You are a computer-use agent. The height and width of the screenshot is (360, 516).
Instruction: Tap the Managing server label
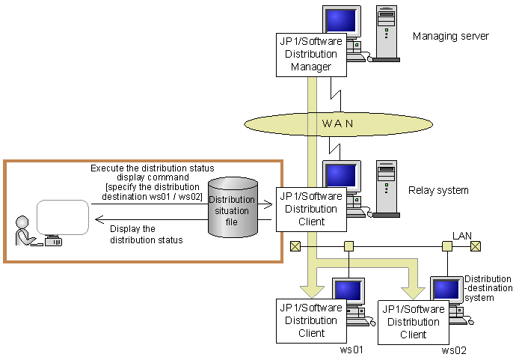450,36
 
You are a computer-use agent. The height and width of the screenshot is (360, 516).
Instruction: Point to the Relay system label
438,190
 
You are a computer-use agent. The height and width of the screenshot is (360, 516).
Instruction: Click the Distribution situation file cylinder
232,205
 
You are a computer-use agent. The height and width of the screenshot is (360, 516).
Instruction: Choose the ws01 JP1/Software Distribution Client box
312,320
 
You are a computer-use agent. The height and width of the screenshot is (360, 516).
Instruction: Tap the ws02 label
454,350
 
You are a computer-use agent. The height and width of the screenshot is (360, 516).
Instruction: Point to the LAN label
462,236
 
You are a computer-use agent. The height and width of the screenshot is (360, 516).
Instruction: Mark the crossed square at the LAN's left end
295,245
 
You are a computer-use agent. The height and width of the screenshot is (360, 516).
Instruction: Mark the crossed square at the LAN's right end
475,245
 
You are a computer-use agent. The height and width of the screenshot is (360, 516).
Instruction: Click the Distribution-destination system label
488,288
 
